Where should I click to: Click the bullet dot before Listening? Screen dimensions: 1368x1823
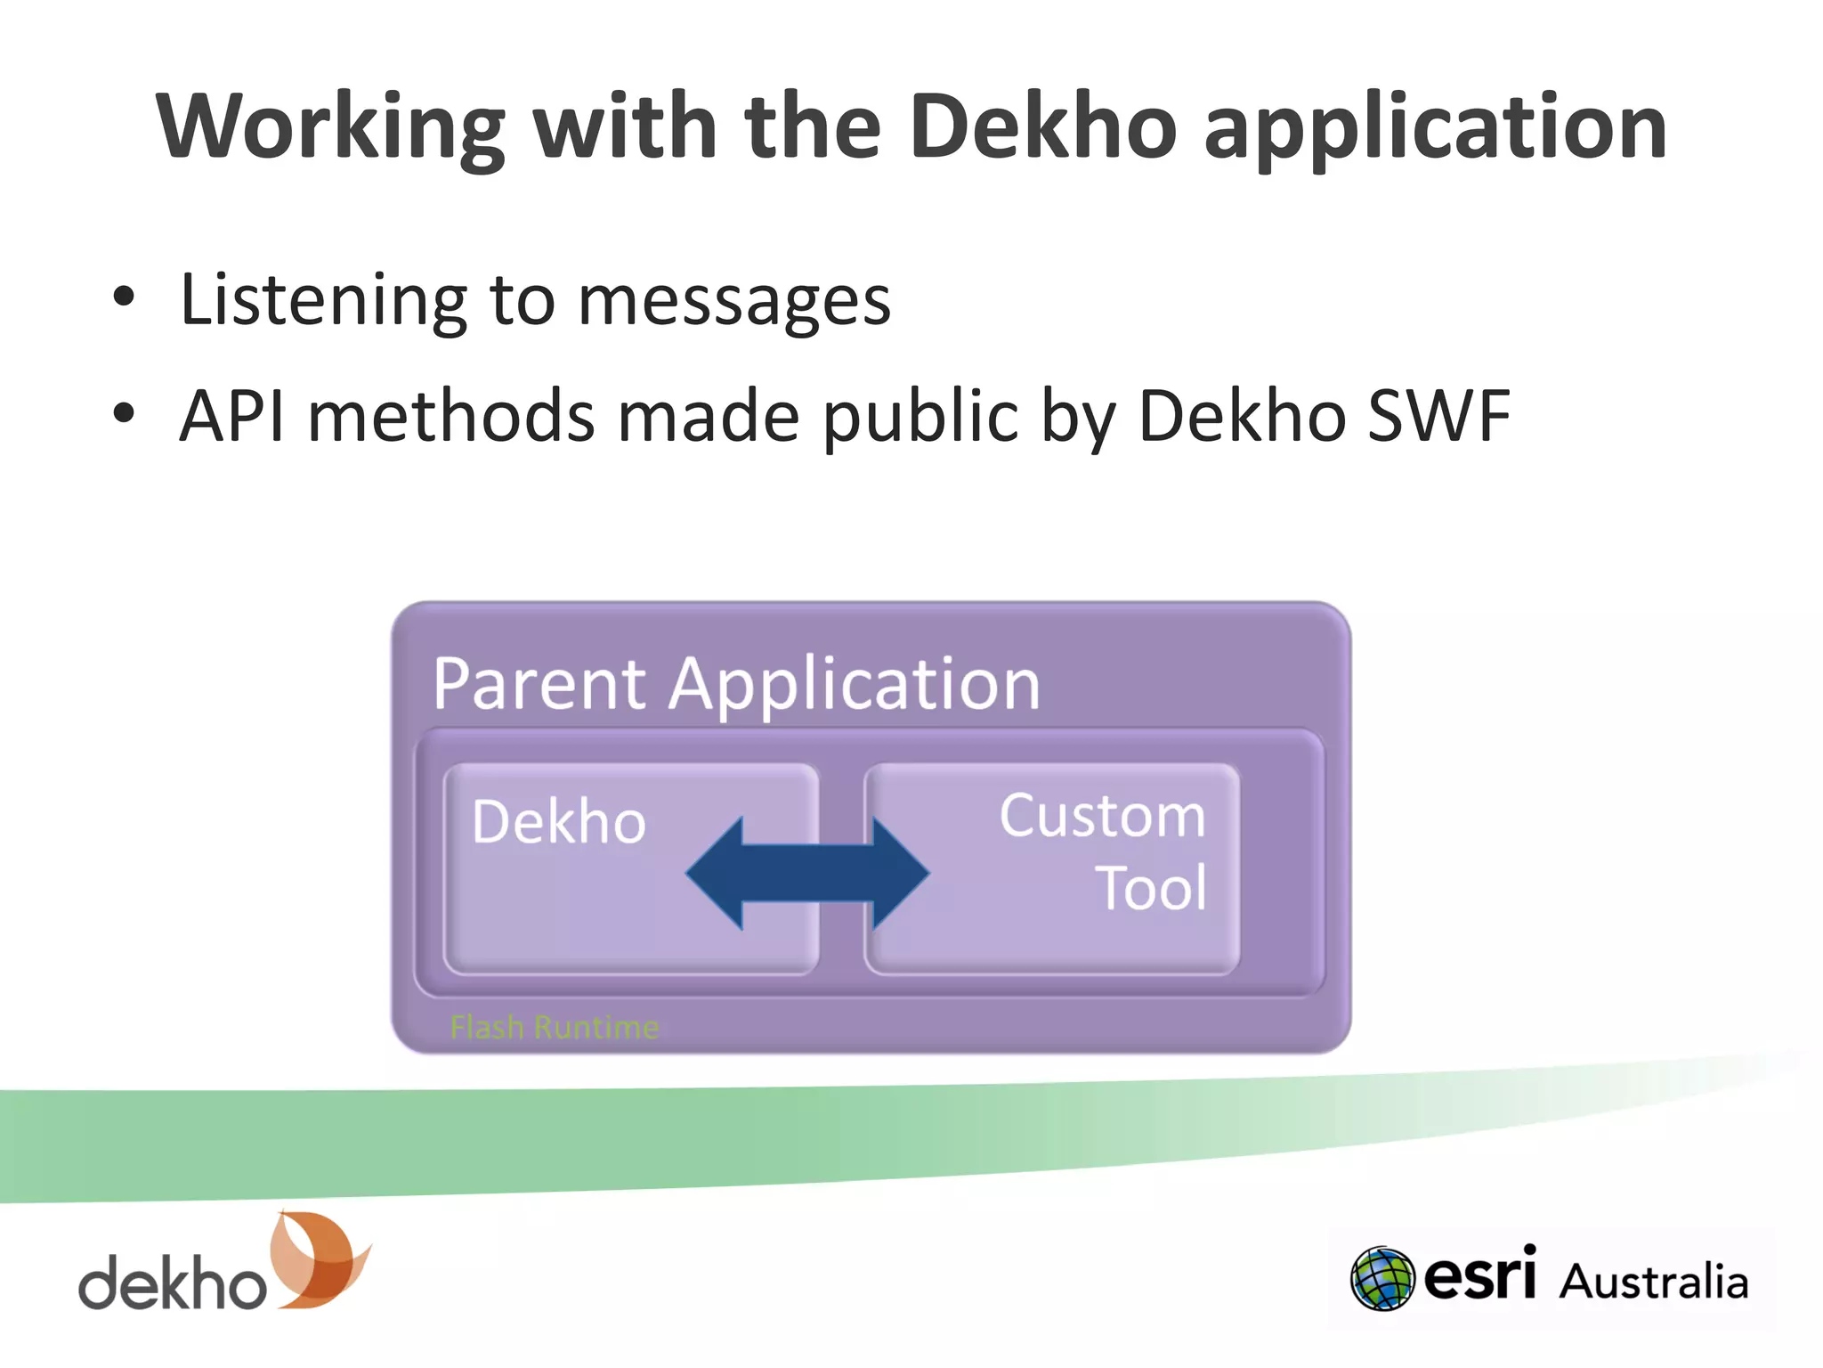pyautogui.click(x=124, y=297)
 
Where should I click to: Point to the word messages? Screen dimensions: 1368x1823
pyautogui.click(x=733, y=301)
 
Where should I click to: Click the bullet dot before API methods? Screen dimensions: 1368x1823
pyautogui.click(x=124, y=414)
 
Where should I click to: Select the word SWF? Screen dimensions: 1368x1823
pyautogui.click(x=1438, y=415)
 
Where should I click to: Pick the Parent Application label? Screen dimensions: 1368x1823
pyautogui.click(x=736, y=684)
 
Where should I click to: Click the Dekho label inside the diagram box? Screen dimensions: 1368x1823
pyautogui.click(x=559, y=821)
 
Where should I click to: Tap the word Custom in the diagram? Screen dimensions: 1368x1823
pyautogui.click(x=1102, y=816)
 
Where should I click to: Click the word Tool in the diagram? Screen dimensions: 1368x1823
pyautogui.click(x=1152, y=889)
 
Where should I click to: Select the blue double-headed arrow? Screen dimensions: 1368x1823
pyautogui.click(x=807, y=874)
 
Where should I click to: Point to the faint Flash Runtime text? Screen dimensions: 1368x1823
pyautogui.click(x=555, y=1027)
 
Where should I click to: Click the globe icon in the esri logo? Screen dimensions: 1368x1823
pyautogui.click(x=1381, y=1279)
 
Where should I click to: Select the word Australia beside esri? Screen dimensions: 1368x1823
pyautogui.click(x=1654, y=1282)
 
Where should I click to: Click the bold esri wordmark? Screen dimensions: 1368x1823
pyautogui.click(x=1480, y=1274)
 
